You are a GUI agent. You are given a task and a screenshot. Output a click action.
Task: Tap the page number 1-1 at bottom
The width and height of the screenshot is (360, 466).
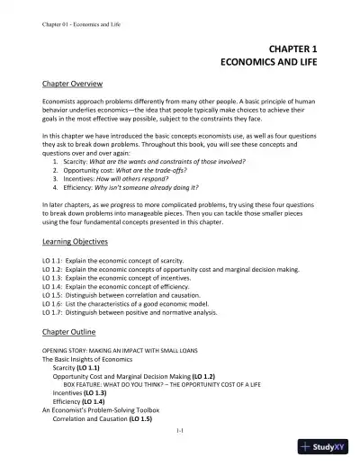tap(180, 432)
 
